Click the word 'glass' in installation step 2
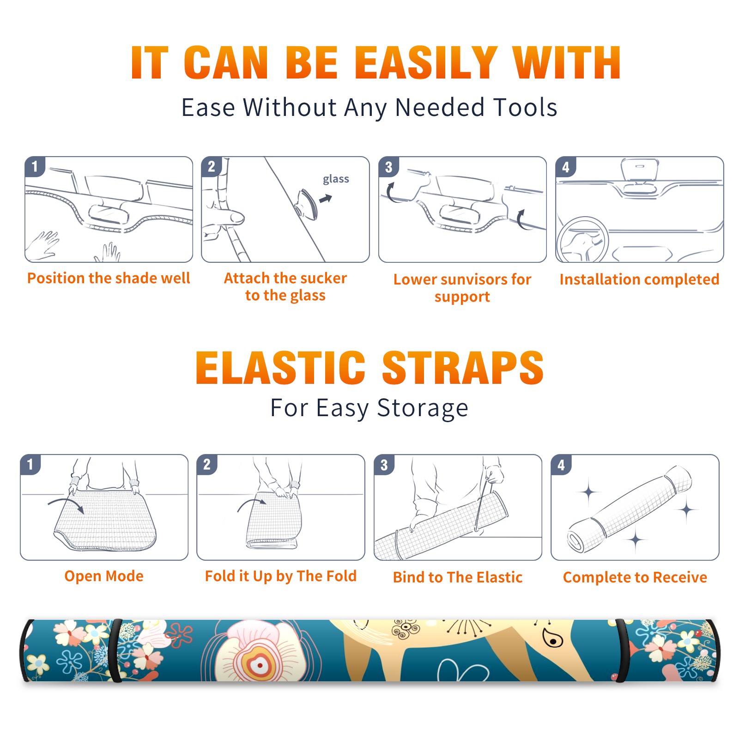coord(336,179)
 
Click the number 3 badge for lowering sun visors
coord(388,167)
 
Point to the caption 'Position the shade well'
coord(109,278)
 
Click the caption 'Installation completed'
coord(639,279)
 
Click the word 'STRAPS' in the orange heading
coord(463,368)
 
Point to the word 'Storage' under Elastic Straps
coord(423,409)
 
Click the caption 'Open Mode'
coord(104,576)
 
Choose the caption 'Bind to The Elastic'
coord(458,577)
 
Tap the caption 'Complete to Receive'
coord(635,577)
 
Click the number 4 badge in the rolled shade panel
coord(561,465)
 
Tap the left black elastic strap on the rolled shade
coord(116,650)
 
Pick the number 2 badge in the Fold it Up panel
coord(207,465)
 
